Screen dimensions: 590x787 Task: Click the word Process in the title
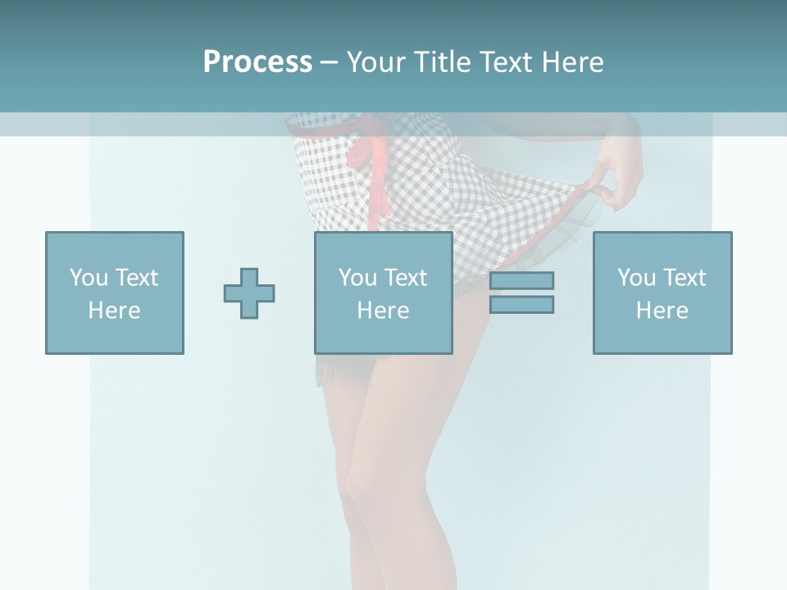[257, 62]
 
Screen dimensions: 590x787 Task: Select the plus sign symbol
[249, 293]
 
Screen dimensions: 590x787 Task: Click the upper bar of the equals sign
[521, 280]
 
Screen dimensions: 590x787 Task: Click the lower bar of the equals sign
[521, 304]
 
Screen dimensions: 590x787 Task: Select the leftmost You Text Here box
[115, 293]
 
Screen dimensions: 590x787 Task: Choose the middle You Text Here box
[384, 293]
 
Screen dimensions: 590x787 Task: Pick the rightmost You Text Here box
[662, 293]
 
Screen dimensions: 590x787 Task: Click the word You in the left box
[88, 278]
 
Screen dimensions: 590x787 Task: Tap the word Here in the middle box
[384, 311]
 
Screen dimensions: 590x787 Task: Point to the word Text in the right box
[685, 278]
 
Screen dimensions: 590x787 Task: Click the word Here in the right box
[662, 311]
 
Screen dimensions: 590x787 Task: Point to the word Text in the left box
[136, 278]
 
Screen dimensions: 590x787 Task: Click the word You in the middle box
[357, 278]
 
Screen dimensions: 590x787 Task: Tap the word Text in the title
[503, 62]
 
